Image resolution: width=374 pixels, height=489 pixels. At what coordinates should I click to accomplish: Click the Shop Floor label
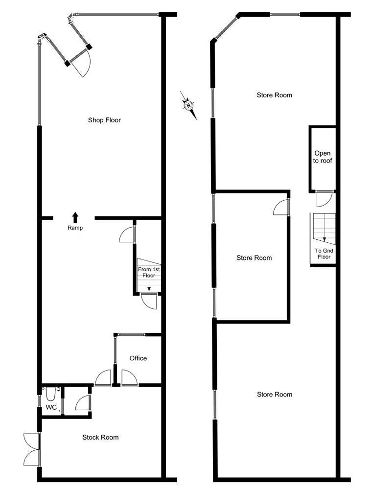pos(104,120)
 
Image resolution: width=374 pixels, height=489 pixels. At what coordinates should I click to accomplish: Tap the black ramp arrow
pos(75,218)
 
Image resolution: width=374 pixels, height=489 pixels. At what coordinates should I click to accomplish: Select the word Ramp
pos(75,228)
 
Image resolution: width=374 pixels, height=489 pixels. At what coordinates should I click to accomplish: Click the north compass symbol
pos(189,105)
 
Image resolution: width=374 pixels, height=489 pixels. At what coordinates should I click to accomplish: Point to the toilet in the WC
pos(50,394)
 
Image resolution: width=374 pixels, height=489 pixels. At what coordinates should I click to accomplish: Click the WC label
pos(51,407)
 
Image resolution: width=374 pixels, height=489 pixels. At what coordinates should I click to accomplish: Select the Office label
pos(138,358)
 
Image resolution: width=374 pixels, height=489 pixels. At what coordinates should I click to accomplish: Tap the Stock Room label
pos(100,437)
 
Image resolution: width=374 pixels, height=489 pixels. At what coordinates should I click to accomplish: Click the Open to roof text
pos(323,157)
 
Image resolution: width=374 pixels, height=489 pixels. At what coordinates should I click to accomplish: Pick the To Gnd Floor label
pos(324,254)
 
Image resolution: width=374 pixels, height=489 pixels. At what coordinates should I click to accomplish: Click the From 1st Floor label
pos(149,272)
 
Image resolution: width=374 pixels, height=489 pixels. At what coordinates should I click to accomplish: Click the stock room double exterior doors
pos(31,449)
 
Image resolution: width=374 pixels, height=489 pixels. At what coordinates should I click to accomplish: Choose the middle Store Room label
pos(254,258)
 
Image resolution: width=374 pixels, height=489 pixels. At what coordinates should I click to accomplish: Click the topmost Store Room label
pos(275,95)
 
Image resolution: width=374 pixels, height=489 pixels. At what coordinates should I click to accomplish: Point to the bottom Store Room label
pos(275,395)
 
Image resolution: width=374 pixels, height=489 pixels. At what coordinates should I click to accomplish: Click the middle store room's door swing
pos(281,207)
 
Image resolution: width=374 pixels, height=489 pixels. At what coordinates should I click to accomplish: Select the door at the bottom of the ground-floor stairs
pos(149,301)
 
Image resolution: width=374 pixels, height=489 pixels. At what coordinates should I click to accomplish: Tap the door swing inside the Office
pos(129,378)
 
